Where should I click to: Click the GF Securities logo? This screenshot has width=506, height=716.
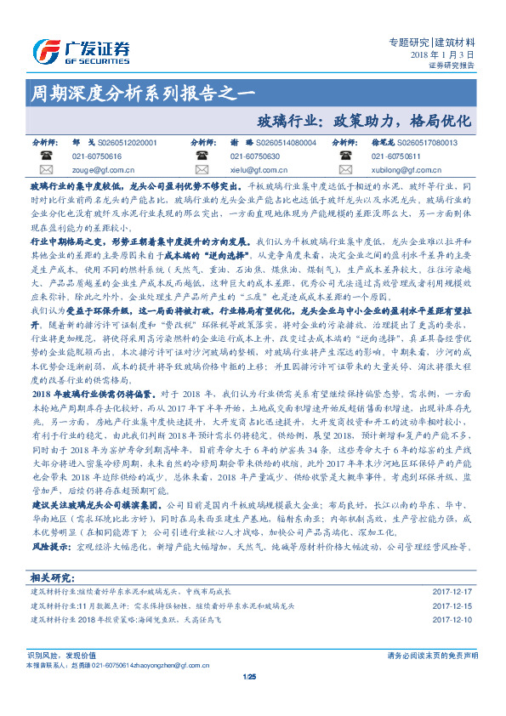click(x=81, y=50)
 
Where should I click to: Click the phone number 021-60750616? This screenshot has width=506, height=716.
click(x=97, y=156)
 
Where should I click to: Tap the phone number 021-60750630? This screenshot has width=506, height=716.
click(x=255, y=156)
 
